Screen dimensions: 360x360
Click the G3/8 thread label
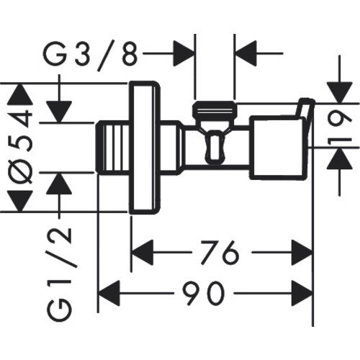91,55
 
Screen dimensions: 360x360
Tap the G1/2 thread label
59,274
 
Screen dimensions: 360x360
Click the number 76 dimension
220,252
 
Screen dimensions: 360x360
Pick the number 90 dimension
204,293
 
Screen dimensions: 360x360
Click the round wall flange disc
145,148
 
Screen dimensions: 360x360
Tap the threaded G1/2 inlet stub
112,148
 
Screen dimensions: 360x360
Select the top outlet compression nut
215,109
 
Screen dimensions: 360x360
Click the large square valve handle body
278,148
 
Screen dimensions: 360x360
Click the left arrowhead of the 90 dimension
109,293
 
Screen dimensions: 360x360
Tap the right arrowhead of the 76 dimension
302,252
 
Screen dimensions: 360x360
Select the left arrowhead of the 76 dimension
143,252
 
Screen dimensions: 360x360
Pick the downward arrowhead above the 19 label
340,93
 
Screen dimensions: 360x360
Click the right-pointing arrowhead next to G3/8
184,53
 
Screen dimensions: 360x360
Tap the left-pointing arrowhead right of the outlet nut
246,53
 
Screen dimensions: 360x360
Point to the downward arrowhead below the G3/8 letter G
59,112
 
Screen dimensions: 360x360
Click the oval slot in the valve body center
215,148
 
